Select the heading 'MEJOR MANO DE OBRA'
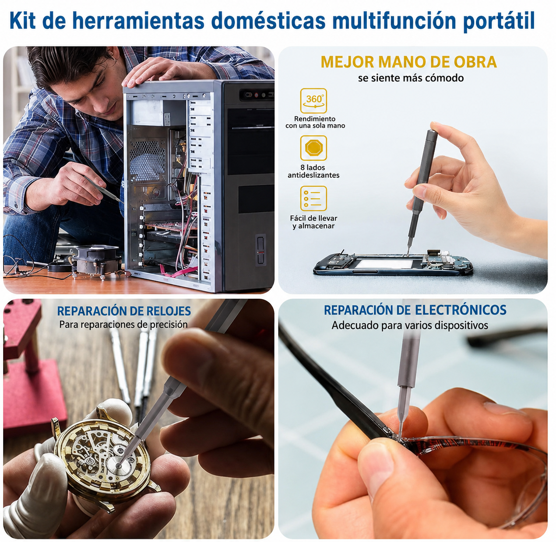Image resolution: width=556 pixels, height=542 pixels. point(408,62)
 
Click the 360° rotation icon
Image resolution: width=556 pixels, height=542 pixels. point(313,101)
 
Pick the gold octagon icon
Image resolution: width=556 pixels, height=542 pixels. point(313,147)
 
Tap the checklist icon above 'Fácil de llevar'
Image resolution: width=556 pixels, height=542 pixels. point(313,199)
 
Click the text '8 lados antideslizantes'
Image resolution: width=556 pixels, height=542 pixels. point(313,171)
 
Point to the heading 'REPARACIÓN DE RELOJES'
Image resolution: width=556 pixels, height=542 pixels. point(124,311)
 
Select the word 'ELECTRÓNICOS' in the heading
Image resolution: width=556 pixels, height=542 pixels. point(461,310)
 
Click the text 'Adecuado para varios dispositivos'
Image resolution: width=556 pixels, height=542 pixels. point(410,325)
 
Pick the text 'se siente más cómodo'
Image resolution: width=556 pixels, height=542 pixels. point(411,78)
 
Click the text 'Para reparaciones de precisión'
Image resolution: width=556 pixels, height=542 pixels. point(123,325)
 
